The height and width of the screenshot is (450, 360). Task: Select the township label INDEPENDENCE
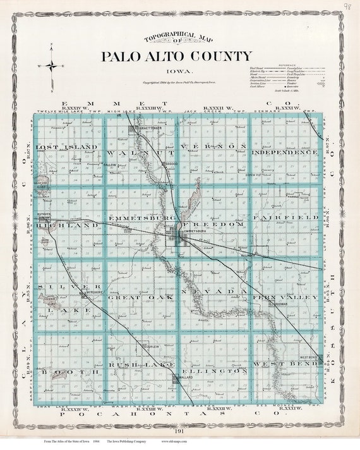pyautogui.click(x=285, y=152)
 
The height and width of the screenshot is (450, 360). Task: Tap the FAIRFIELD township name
pyautogui.click(x=285, y=217)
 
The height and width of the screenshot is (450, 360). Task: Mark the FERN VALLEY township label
pyautogui.click(x=285, y=296)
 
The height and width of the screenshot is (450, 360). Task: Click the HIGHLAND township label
pyautogui.click(x=58, y=225)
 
